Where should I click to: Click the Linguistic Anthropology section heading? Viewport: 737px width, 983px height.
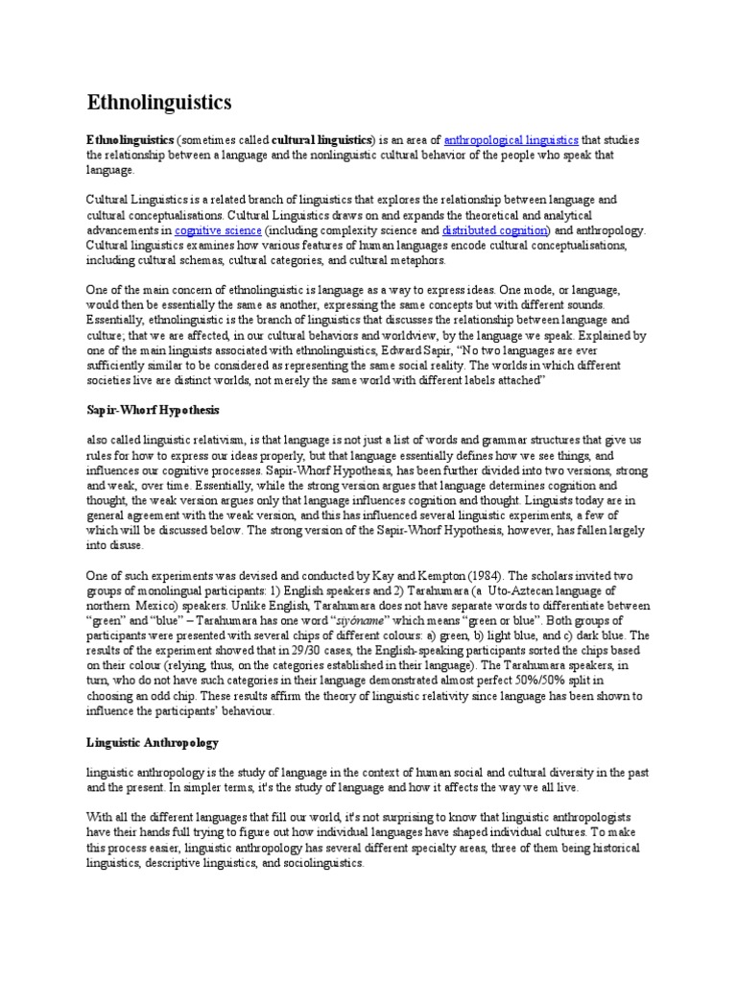pos(153,743)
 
